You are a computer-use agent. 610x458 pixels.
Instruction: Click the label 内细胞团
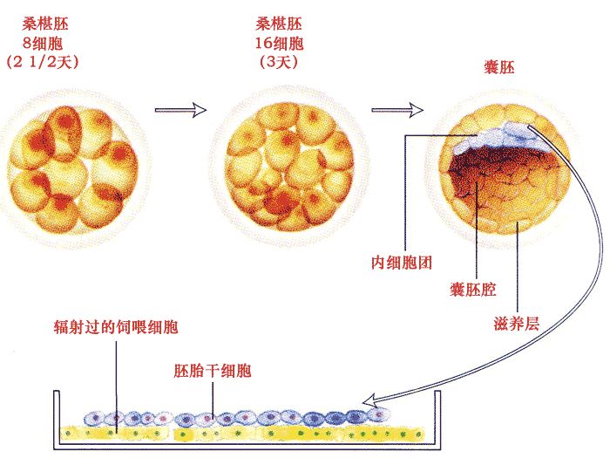coord(403,262)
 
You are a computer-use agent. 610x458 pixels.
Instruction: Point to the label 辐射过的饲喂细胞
coord(119,327)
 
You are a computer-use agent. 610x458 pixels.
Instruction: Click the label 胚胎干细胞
coord(213,372)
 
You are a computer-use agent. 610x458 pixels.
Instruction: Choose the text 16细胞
coord(278,42)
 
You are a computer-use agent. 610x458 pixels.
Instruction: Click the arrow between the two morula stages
coord(180,110)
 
